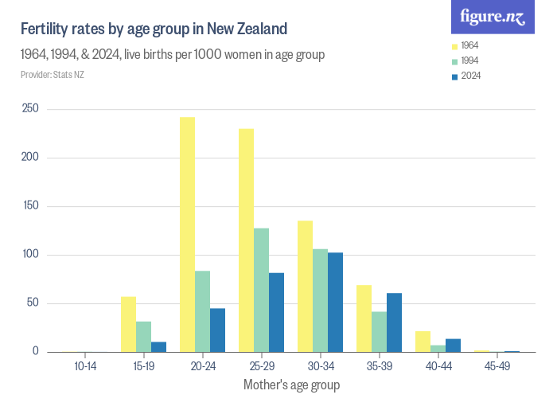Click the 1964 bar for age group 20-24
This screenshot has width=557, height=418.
coord(187,235)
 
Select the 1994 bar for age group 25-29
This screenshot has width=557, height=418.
coord(261,290)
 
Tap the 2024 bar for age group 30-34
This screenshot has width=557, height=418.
coord(335,302)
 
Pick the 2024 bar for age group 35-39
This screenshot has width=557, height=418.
coord(394,322)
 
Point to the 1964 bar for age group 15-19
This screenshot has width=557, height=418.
coord(128,324)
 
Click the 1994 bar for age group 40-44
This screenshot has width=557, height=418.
coord(438,348)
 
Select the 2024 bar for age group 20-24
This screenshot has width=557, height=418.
coord(217,330)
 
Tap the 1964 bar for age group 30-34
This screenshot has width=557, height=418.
coord(305,287)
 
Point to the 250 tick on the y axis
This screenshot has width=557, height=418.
coord(31,109)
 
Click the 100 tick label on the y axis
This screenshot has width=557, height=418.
coord(31,255)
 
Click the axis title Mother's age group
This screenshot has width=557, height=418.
coord(291,385)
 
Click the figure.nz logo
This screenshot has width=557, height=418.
coord(493,18)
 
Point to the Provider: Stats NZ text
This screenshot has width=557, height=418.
coord(52,75)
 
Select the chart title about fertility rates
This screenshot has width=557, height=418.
coord(154,29)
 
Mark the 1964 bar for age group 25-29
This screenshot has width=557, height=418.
coord(246,240)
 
